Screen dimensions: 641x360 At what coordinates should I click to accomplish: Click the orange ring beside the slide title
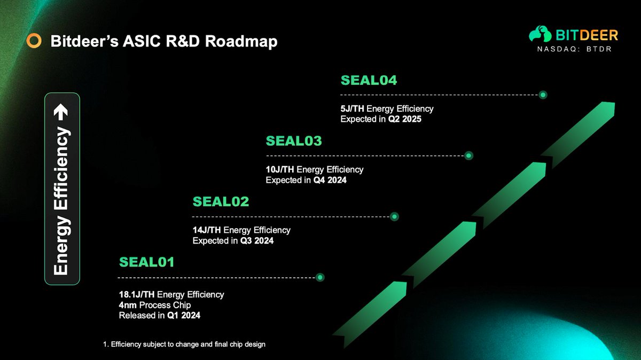tap(34, 41)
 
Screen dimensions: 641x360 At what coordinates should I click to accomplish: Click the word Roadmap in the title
tap(241, 41)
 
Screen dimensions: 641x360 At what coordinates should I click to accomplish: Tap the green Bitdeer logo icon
tap(540, 34)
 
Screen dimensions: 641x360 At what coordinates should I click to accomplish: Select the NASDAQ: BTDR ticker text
tap(574, 49)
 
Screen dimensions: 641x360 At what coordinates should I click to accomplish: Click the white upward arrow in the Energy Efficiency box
tap(61, 112)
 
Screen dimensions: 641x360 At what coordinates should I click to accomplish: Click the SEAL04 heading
tap(369, 81)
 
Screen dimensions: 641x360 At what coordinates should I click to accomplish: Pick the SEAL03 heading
tap(294, 141)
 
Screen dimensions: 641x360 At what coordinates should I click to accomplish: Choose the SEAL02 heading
tap(221, 202)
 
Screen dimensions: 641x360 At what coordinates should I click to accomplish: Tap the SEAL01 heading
tap(146, 262)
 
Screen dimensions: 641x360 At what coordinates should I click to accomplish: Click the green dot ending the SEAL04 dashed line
tap(543, 95)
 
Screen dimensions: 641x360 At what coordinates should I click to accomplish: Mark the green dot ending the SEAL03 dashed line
tap(468, 155)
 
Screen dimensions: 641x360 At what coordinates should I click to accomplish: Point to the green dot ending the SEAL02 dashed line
tap(394, 217)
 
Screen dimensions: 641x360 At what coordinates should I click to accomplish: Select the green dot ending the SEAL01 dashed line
tap(320, 277)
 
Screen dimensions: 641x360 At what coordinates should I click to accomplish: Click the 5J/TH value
tap(352, 109)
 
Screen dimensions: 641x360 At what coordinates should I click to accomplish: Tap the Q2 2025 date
tap(405, 119)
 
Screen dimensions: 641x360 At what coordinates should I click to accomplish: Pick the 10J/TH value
tap(280, 170)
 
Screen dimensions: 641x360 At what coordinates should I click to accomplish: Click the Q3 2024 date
tap(257, 241)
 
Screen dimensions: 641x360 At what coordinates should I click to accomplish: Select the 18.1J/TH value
tap(137, 294)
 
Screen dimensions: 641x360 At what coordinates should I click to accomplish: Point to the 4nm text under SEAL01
tap(128, 305)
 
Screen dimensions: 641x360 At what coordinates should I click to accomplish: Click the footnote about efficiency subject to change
tap(184, 345)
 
